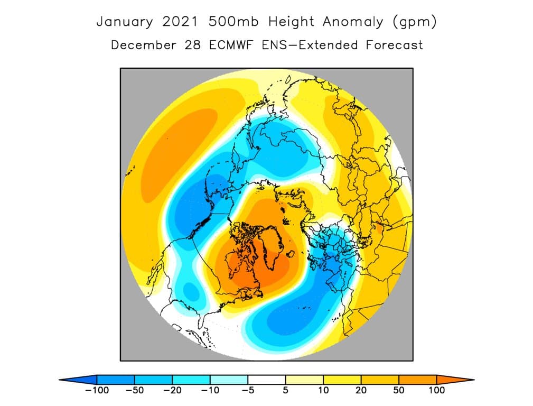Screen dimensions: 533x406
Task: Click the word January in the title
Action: click(x=125, y=22)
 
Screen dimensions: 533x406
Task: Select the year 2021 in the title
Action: click(x=180, y=22)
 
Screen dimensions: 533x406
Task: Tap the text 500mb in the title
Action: click(x=233, y=22)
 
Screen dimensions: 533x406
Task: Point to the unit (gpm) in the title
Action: click(x=414, y=22)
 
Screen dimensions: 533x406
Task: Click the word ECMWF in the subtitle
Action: click(x=231, y=45)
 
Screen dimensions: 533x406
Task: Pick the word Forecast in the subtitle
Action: click(x=394, y=45)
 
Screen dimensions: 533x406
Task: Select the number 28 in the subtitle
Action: click(x=193, y=45)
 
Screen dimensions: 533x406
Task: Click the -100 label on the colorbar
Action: click(x=97, y=390)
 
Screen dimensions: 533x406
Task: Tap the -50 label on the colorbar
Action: click(x=135, y=390)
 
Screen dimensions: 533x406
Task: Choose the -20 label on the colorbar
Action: click(x=172, y=390)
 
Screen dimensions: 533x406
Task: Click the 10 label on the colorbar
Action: click(x=323, y=390)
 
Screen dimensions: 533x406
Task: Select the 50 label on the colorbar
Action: click(x=399, y=390)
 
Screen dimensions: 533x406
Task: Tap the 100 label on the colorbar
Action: click(x=436, y=390)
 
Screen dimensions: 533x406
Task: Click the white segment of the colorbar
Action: click(x=266, y=380)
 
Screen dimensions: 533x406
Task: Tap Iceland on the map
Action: click(x=291, y=254)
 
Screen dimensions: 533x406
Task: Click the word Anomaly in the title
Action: click(x=352, y=22)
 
